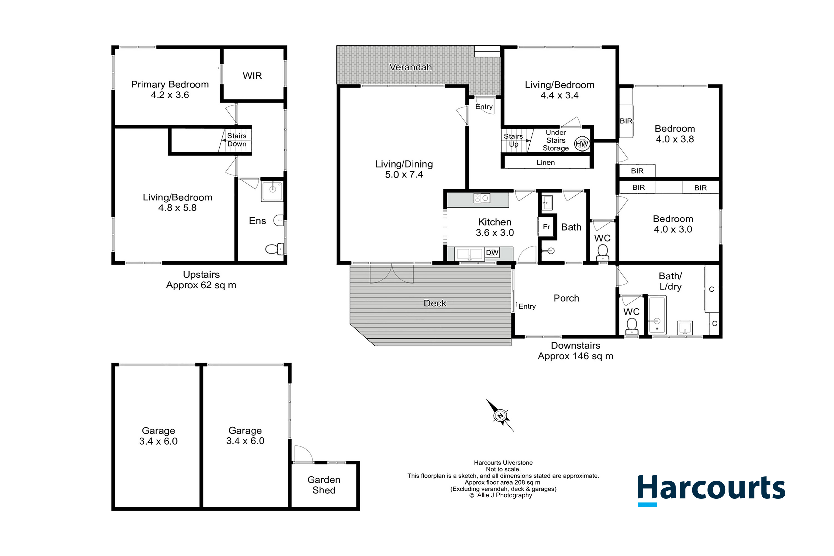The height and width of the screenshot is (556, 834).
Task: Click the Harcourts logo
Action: click(x=711, y=489)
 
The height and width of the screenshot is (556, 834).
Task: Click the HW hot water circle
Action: click(x=582, y=144)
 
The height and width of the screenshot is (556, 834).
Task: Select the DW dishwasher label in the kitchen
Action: click(x=492, y=253)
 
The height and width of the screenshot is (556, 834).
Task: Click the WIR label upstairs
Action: click(x=252, y=76)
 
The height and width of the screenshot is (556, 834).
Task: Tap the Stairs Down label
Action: click(x=237, y=140)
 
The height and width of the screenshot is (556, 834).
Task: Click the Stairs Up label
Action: click(x=513, y=140)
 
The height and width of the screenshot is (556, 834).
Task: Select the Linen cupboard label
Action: click(x=545, y=163)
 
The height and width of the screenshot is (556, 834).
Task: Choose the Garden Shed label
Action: click(x=324, y=485)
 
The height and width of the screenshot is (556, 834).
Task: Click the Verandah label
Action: click(x=411, y=67)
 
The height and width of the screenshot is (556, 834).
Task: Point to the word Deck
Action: click(x=435, y=304)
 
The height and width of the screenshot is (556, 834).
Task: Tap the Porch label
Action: click(x=566, y=299)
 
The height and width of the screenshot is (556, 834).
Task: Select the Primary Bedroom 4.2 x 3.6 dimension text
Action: click(x=170, y=95)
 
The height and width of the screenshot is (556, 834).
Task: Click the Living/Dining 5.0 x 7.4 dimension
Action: click(x=404, y=175)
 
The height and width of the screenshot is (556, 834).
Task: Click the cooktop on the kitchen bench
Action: click(x=481, y=198)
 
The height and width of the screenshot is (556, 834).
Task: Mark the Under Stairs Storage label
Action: click(x=556, y=140)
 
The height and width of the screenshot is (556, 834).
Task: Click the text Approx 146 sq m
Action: click(x=575, y=356)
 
